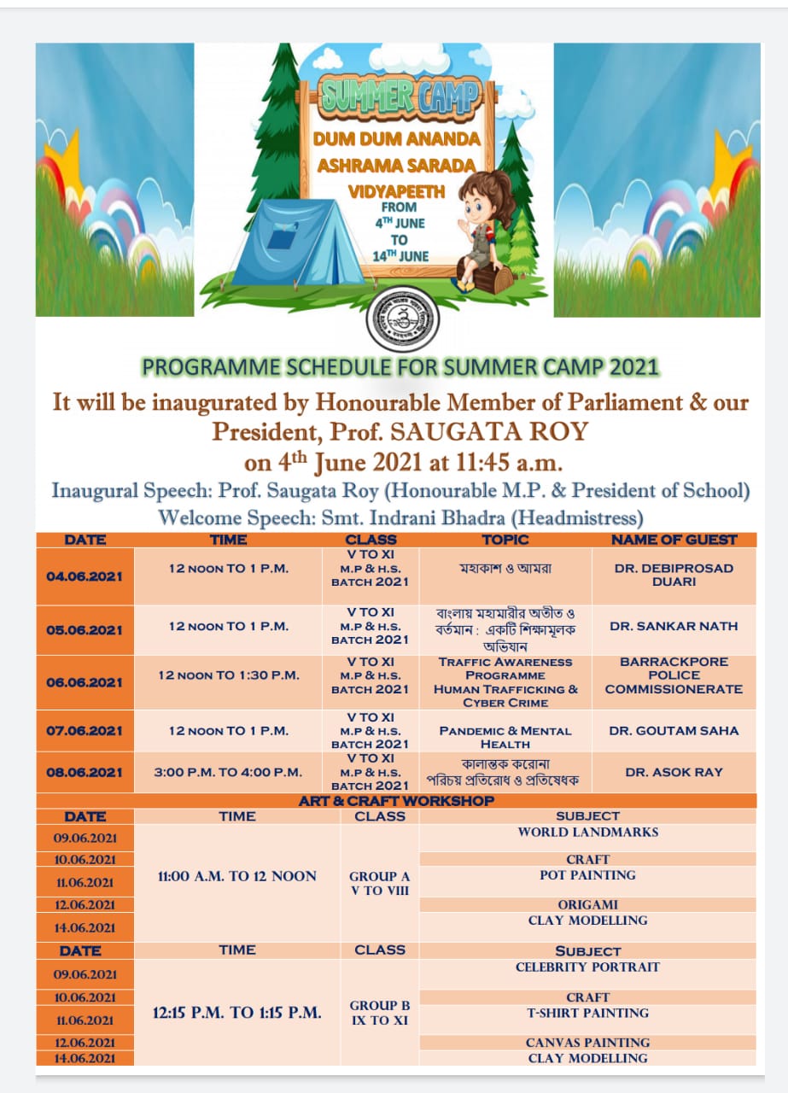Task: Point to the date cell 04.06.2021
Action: pos(85,576)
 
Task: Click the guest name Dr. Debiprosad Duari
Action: pos(674,575)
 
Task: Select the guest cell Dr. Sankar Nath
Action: pos(674,626)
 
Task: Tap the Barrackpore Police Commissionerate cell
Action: pos(674,675)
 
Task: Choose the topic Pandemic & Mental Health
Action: pos(505,737)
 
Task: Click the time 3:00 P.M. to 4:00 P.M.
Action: pos(228,772)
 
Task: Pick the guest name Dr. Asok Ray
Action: pos(674,772)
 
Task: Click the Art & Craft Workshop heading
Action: pos(396,801)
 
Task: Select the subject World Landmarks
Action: pos(587,832)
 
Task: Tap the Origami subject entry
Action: pos(587,904)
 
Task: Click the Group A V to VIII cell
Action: pos(380,883)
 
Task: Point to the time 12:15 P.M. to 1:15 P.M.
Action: pos(237,1013)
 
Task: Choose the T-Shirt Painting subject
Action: pos(587,1013)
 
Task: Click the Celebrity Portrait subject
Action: pos(587,967)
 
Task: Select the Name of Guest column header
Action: pos(674,540)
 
